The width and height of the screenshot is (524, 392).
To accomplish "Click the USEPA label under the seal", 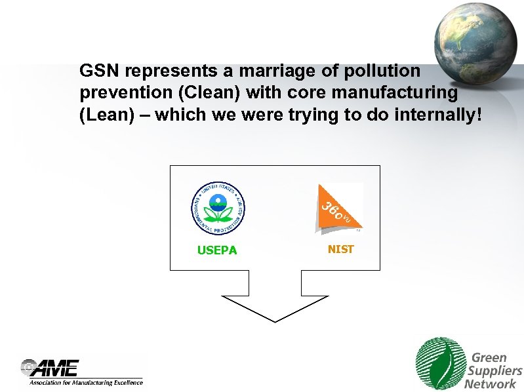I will coord(217,250).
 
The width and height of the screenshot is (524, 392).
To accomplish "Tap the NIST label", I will coord(340,249).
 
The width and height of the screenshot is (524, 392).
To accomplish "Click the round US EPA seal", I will coord(217,208).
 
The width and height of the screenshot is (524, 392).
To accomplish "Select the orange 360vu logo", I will coord(338,207).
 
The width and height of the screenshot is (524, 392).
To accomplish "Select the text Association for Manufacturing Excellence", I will coord(85,382).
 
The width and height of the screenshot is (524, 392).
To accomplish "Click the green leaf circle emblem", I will coord(439,363).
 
